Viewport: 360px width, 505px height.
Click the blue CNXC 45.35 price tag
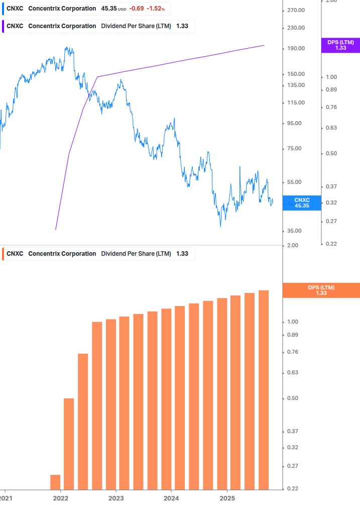tap(301, 203)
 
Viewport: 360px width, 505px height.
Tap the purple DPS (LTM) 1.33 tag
tap(340, 45)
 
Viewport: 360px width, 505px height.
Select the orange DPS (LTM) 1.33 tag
tap(321, 290)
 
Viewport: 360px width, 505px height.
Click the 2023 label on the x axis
tap(116, 498)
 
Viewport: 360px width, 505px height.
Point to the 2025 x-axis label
tap(227, 498)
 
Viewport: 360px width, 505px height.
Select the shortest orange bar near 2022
tap(55, 482)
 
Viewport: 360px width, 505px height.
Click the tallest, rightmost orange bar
tap(264, 389)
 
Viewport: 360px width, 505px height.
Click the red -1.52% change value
tap(156, 9)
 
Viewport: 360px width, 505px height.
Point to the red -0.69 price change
tap(136, 9)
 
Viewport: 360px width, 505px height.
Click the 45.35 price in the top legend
tap(108, 9)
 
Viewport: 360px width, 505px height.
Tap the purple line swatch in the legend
tap(5, 26)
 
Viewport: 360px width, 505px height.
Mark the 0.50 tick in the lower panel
tap(292, 398)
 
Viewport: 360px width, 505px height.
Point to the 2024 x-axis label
tap(171, 498)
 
